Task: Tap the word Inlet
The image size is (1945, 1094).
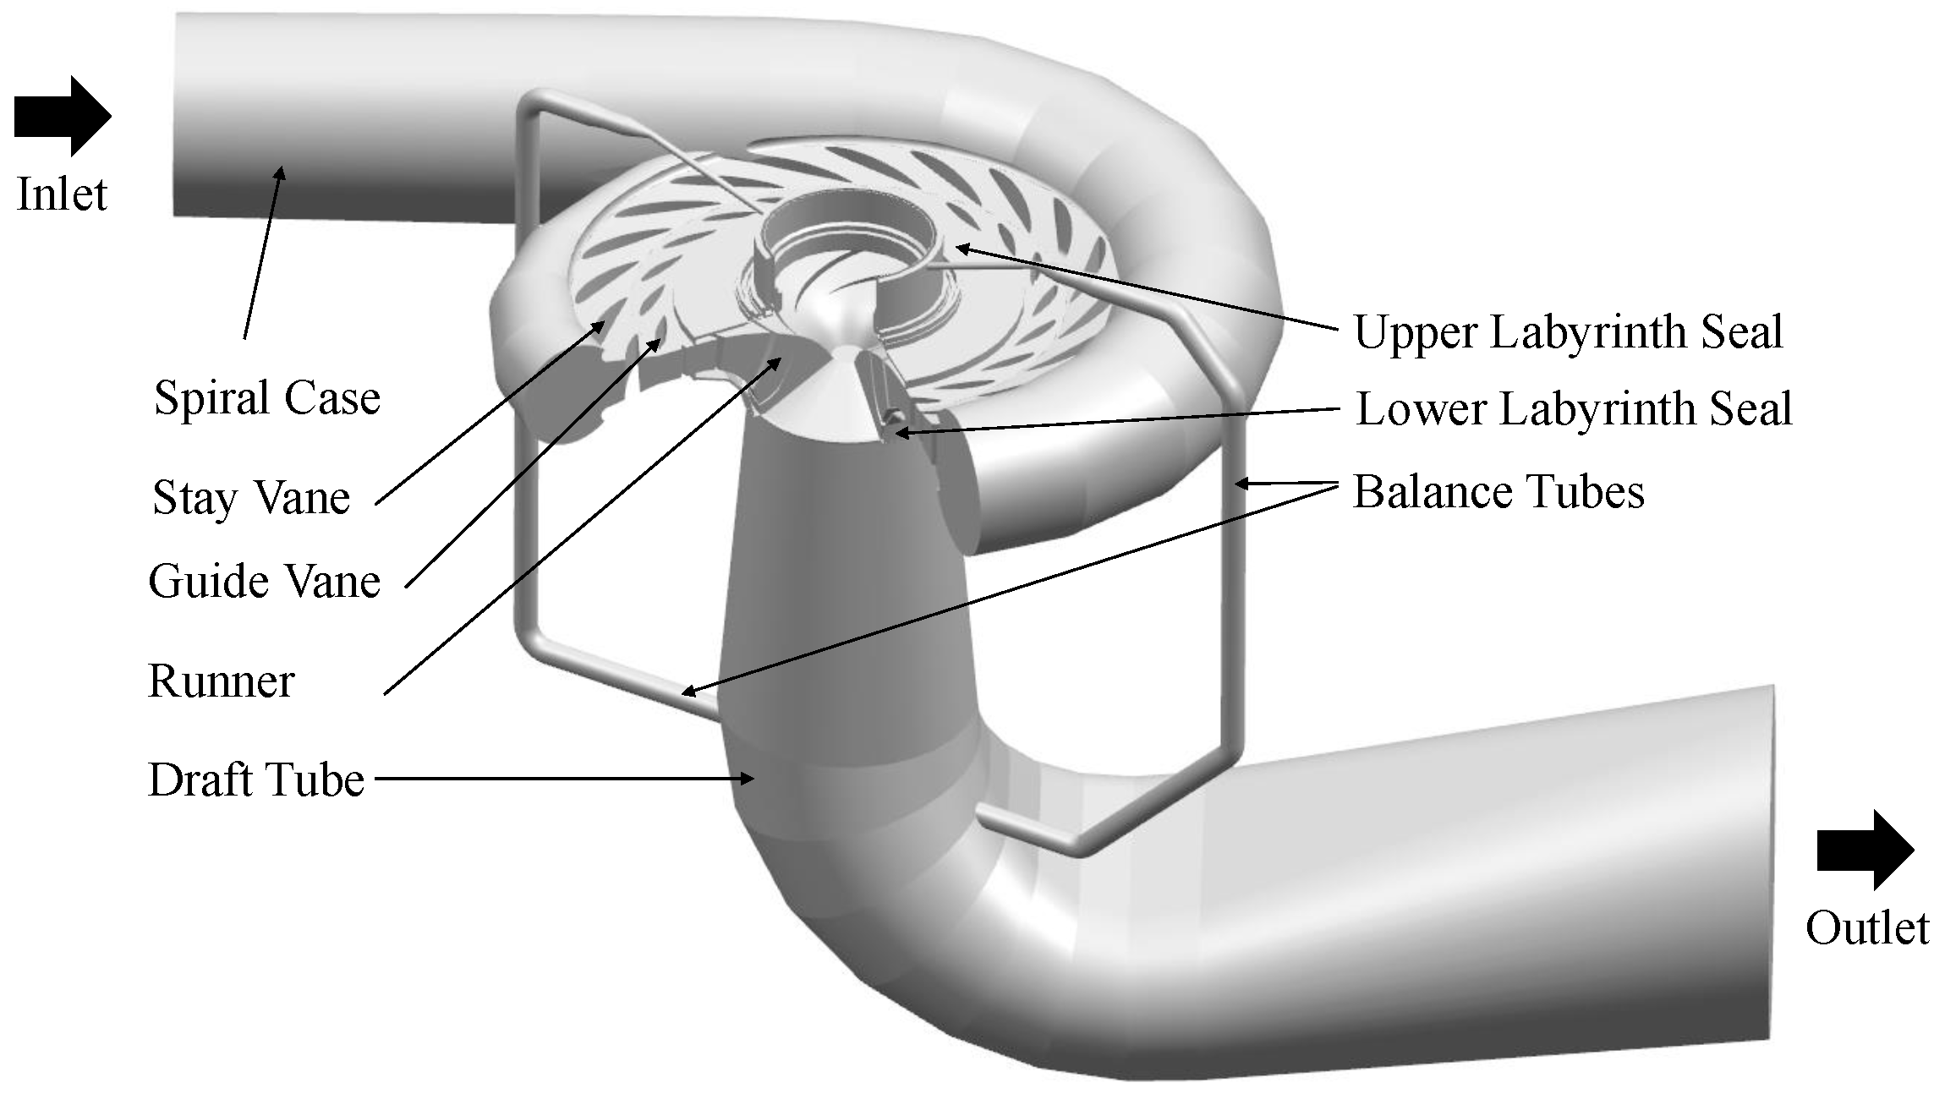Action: pos(62,194)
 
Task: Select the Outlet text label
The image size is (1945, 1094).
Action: pos(1867,928)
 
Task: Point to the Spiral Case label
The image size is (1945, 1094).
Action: pos(267,398)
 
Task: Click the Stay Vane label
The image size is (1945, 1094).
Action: pos(251,497)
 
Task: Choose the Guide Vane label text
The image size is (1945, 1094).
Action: pos(264,582)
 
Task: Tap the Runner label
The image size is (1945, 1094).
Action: pos(221,681)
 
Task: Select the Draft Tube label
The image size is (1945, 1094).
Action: pos(255,779)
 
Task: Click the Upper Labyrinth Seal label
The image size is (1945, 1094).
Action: pos(1569,331)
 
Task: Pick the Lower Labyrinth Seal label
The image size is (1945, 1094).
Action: pos(1574,409)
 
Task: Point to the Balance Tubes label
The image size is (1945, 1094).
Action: pos(1498,492)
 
